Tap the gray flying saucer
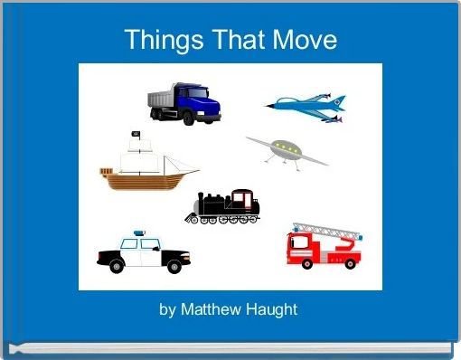[x=286, y=150]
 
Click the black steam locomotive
[x=223, y=207]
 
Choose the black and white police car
[x=144, y=253]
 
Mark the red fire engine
[x=324, y=246]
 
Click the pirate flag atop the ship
[x=136, y=136]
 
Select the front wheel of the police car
[x=174, y=266]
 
